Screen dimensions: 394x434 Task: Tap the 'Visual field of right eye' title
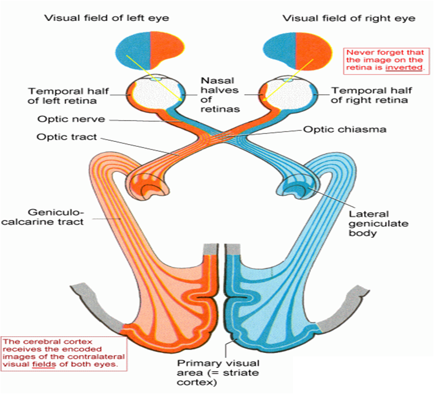click(x=349, y=18)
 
